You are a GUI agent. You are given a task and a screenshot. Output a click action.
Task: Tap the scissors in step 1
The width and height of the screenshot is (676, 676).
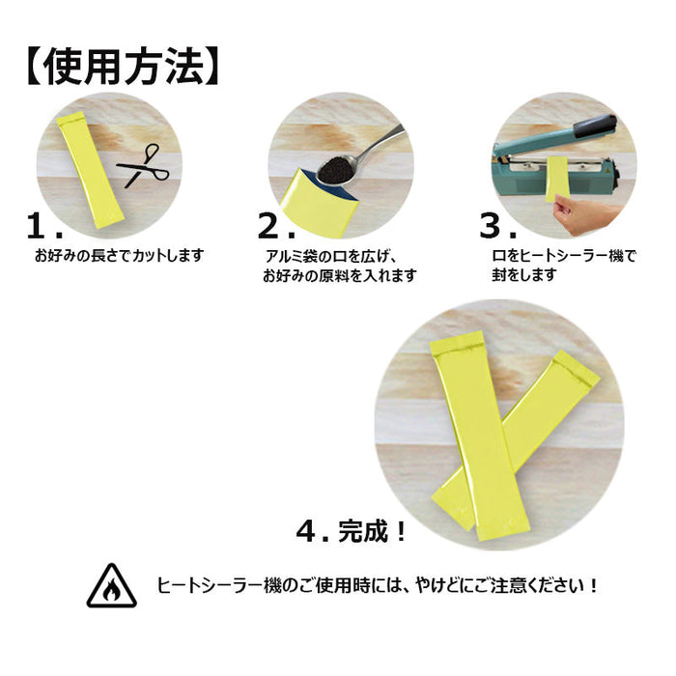pyautogui.click(x=142, y=167)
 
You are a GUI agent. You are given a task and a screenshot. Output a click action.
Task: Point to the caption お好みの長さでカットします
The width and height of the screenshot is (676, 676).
pyautogui.click(x=119, y=256)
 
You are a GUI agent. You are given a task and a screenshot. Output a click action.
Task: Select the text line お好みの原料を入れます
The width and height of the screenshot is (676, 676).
pyautogui.click(x=339, y=276)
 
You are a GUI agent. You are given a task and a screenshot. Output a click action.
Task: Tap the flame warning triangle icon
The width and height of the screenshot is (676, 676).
pyautogui.click(x=111, y=585)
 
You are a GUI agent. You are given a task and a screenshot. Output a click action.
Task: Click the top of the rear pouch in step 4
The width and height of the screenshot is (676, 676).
pyautogui.click(x=576, y=368)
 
